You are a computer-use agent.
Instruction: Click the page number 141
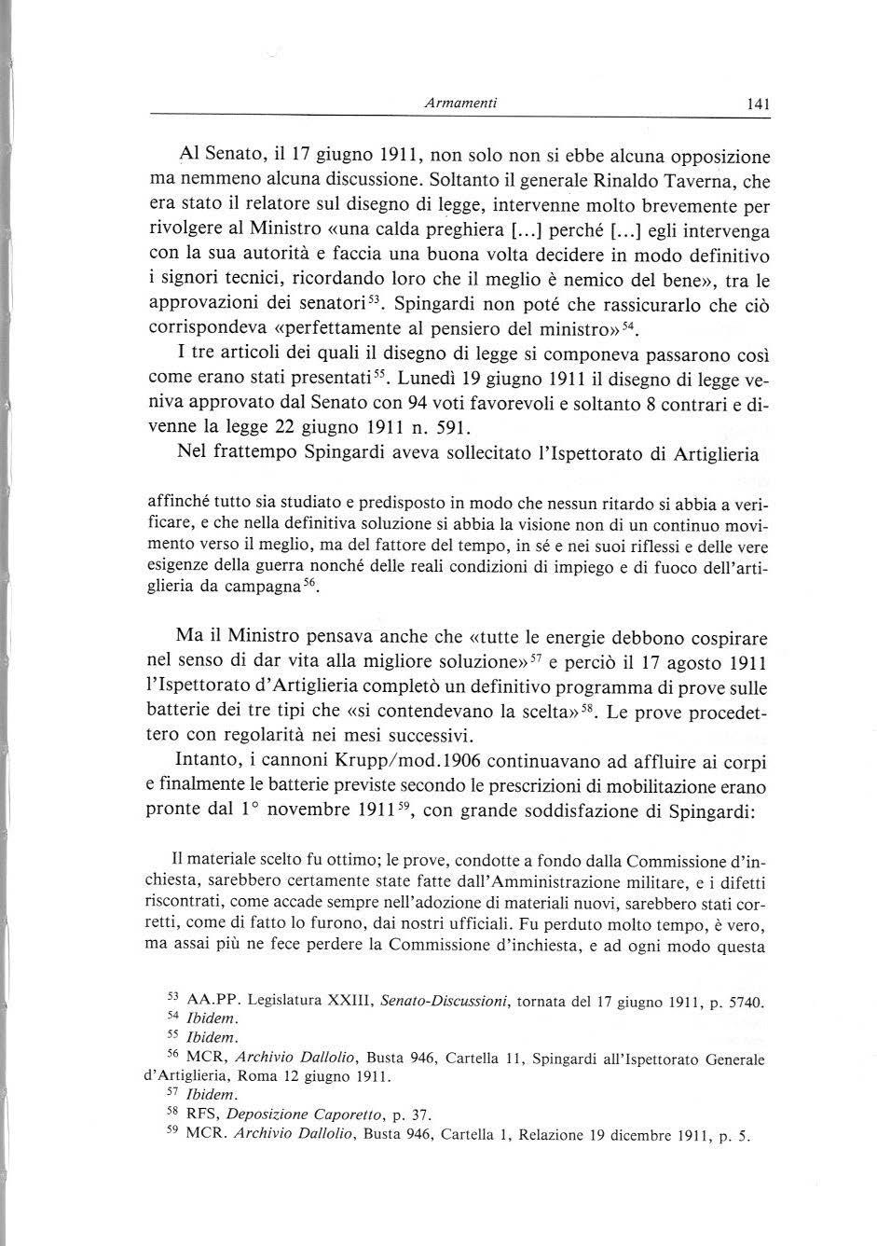pyautogui.click(x=758, y=106)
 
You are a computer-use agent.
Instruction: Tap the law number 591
pyautogui.click(x=452, y=428)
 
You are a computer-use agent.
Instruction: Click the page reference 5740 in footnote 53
pyautogui.click(x=744, y=1003)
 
